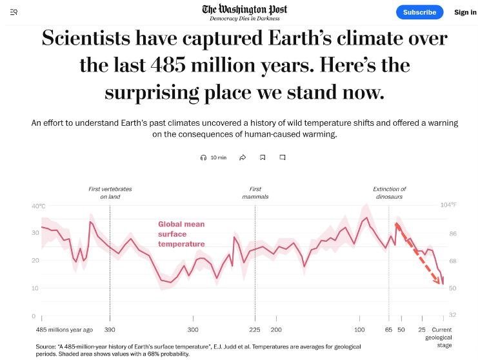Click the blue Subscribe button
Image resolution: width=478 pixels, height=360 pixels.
[x=419, y=12]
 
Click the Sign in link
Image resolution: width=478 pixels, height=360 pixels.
[x=464, y=12]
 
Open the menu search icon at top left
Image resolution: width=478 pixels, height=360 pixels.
[x=14, y=12]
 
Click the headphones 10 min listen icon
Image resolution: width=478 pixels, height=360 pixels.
[x=204, y=157]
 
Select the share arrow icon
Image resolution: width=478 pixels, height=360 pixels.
[x=243, y=157]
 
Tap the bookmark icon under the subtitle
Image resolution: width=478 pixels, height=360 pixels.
[x=263, y=157]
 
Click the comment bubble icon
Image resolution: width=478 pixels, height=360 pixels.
[x=283, y=157]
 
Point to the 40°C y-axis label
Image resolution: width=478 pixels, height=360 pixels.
[x=38, y=206]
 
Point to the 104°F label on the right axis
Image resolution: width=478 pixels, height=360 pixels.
[x=448, y=205]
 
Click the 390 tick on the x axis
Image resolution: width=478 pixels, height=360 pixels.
[x=110, y=330]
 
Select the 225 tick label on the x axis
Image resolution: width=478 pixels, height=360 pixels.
[x=256, y=330]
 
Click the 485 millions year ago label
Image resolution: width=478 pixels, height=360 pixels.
[x=65, y=330]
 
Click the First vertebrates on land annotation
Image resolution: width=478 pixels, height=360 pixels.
[x=110, y=192]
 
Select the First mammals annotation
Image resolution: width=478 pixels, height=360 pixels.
[x=255, y=192]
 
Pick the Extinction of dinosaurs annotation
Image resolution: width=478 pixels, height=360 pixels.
[x=390, y=192]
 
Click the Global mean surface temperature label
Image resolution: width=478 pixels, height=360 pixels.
[x=181, y=234]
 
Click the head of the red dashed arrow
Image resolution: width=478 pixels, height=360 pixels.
[x=442, y=283]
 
